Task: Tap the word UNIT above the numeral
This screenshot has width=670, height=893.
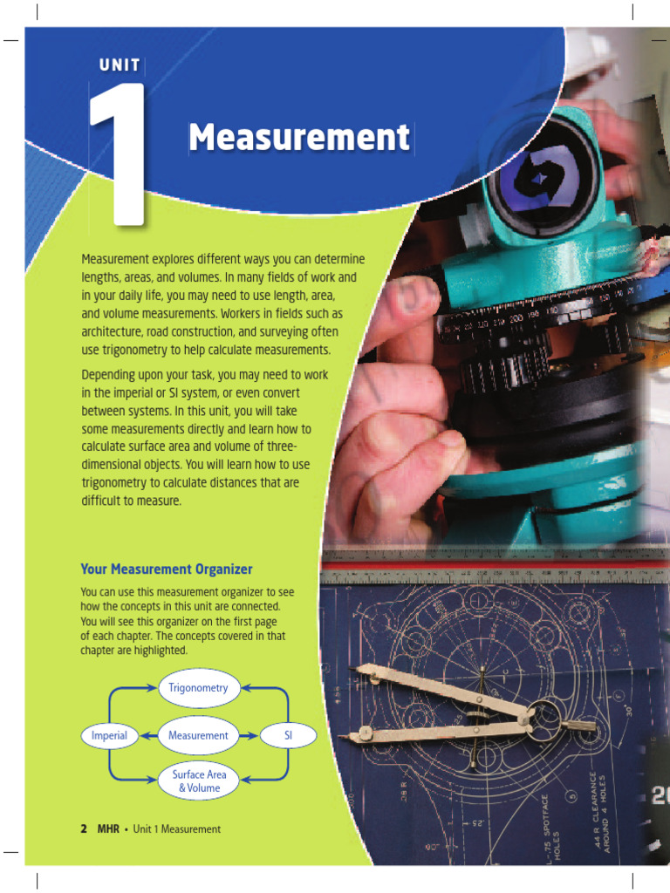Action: click(120, 65)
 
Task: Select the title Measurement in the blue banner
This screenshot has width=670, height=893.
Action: click(299, 138)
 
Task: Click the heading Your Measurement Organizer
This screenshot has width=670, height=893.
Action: click(167, 569)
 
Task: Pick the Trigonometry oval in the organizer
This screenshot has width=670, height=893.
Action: click(198, 687)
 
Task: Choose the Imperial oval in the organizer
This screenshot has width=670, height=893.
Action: click(109, 735)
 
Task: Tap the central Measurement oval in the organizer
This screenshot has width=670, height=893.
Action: click(198, 735)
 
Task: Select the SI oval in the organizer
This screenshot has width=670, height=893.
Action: click(288, 735)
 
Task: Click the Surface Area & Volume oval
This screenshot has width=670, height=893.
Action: click(199, 781)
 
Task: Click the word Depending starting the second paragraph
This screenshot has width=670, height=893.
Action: click(111, 373)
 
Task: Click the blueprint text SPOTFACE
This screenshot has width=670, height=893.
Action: click(547, 816)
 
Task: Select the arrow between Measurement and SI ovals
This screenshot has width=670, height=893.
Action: click(250, 735)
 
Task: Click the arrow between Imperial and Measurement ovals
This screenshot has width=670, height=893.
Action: click(147, 735)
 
